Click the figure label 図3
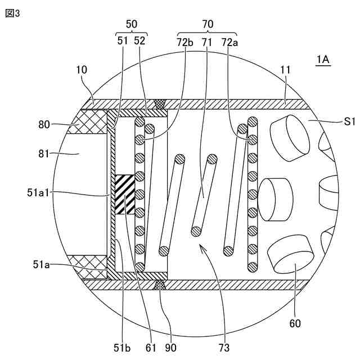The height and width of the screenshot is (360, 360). (x=12, y=13)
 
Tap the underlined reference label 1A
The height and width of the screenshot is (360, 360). (x=323, y=60)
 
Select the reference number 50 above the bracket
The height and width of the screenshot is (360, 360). (x=132, y=24)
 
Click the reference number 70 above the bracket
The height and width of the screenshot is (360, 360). (x=208, y=24)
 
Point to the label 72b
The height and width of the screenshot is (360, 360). (x=185, y=42)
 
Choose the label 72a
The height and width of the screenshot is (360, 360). (x=229, y=42)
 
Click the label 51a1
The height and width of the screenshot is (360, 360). (x=38, y=193)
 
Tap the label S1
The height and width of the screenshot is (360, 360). (x=349, y=121)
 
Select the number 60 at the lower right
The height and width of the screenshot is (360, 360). (x=295, y=324)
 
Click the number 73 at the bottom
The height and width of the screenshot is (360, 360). (x=224, y=348)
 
